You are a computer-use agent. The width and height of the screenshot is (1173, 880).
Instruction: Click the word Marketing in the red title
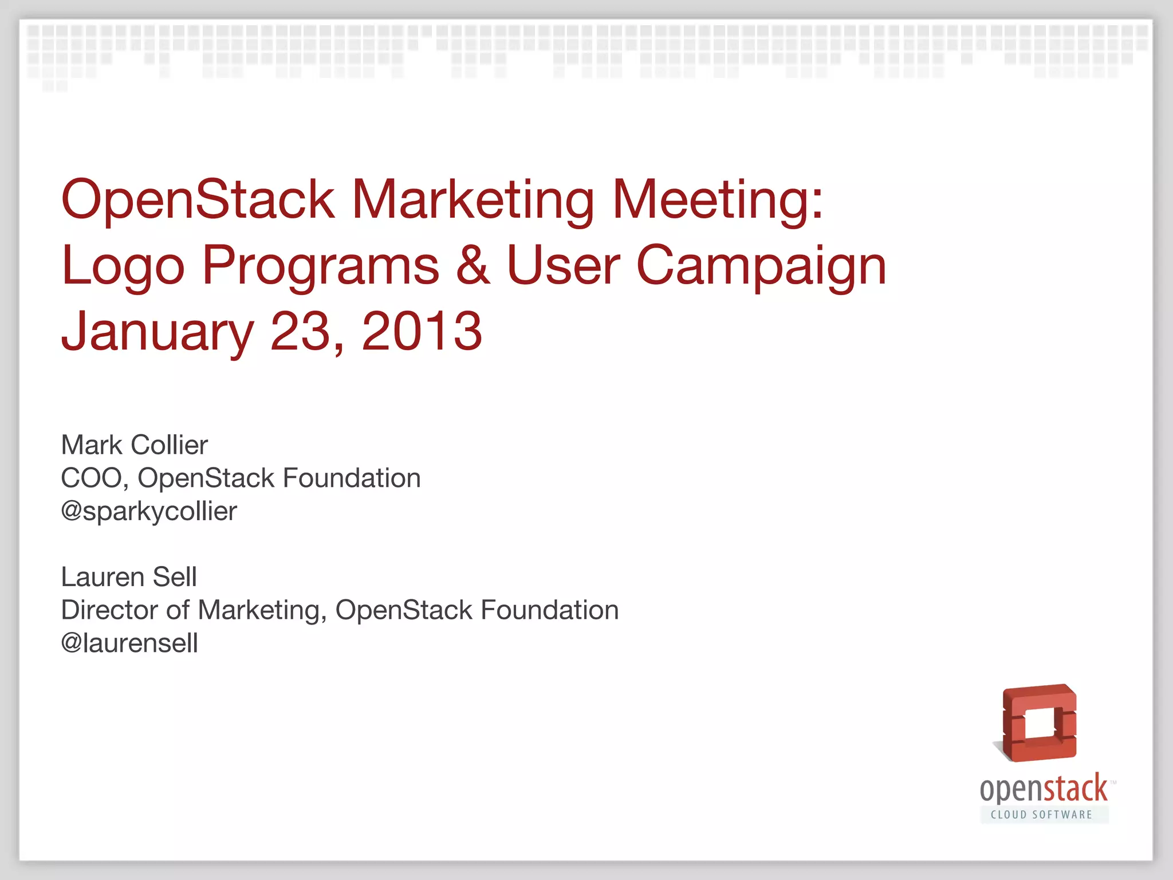click(473, 200)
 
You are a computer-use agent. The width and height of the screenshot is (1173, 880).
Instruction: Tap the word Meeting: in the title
click(718, 200)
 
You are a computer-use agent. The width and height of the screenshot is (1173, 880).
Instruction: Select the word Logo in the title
click(123, 266)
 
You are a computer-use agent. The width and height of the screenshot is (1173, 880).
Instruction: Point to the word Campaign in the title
click(761, 266)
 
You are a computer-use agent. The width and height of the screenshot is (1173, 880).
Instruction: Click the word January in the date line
click(157, 332)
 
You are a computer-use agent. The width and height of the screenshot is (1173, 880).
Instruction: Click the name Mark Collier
click(134, 445)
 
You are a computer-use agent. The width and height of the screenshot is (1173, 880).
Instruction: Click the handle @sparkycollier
click(149, 511)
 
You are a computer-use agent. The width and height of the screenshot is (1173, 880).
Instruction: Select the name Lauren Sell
click(129, 576)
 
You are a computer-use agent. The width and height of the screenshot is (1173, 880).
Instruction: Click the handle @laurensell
click(129, 643)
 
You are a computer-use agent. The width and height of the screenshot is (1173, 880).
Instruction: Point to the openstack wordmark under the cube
click(1044, 789)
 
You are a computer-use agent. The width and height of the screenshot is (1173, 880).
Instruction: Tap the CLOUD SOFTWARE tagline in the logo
click(1042, 815)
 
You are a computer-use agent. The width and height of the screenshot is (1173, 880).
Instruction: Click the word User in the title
click(563, 266)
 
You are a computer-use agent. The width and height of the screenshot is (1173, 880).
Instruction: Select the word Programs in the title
click(321, 266)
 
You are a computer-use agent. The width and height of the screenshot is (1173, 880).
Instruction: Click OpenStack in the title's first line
click(198, 200)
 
